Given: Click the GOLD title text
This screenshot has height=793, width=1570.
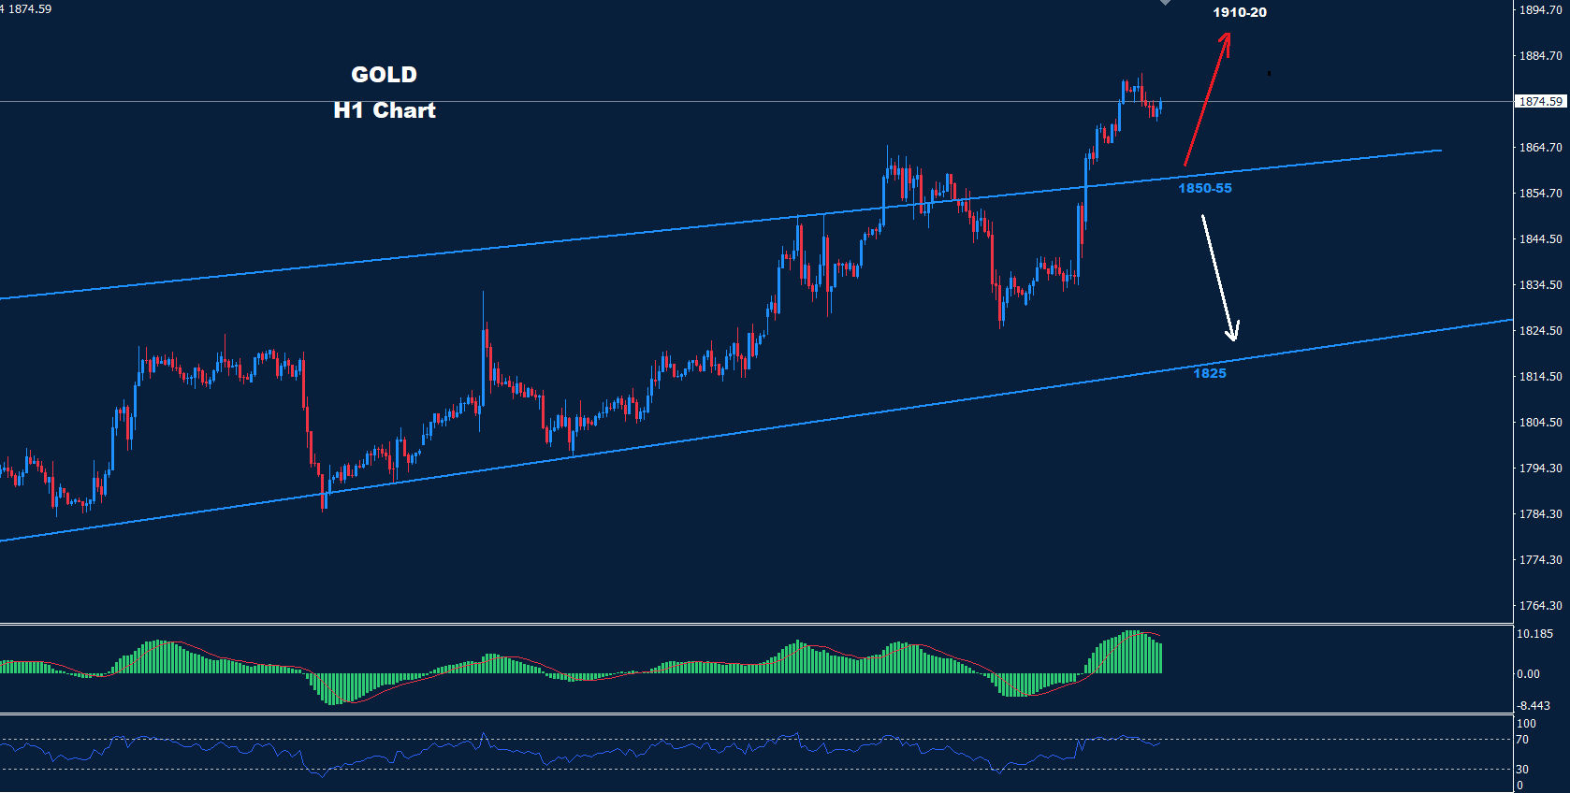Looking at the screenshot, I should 384,75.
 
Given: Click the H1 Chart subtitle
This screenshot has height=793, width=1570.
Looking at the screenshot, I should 385,110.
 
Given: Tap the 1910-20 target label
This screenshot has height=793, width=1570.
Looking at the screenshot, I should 1239,12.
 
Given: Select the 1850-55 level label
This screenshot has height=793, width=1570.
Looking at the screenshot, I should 1204,188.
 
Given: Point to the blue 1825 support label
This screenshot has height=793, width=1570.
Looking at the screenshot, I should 1209,373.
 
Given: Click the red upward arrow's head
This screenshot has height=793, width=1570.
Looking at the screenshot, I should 1227,38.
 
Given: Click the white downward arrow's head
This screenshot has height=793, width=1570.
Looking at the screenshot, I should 1233,335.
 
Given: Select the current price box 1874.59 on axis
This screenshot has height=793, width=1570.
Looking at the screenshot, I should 1540,101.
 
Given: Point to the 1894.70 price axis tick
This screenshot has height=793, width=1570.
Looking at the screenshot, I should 1540,10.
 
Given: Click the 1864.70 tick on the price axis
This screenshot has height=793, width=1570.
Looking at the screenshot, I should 1540,148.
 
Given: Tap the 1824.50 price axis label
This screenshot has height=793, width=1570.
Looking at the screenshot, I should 1540,331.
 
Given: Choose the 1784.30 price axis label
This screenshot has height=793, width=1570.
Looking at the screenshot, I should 1540,514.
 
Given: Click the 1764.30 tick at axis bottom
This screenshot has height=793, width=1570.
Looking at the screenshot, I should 1540,606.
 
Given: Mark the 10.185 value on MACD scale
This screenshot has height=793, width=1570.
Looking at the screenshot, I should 1534,634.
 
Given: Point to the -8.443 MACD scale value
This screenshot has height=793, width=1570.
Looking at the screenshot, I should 1533,706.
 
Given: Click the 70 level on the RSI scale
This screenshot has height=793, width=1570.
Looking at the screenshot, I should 1522,740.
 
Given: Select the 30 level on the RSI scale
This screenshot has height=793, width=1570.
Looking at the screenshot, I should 1522,770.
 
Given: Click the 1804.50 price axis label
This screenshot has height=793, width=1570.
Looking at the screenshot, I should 1540,423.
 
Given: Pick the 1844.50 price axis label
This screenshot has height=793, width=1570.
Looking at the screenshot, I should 1540,239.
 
